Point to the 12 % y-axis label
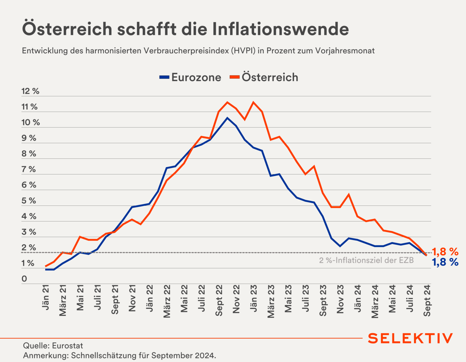[x=30, y=91]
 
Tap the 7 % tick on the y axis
[x=29, y=169]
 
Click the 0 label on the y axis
[x=24, y=279]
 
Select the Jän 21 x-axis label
[x=46, y=298]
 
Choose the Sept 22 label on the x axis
[x=219, y=301]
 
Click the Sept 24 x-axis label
[x=427, y=301]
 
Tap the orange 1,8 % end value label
[x=445, y=252]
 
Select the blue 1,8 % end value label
[x=445, y=262]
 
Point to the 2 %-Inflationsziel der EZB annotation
[x=366, y=261]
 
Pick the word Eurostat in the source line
[x=68, y=346]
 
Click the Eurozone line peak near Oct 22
[x=227, y=118]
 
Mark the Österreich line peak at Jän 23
[x=253, y=102]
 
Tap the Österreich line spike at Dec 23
[x=349, y=195]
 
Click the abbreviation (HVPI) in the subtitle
[x=244, y=51]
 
